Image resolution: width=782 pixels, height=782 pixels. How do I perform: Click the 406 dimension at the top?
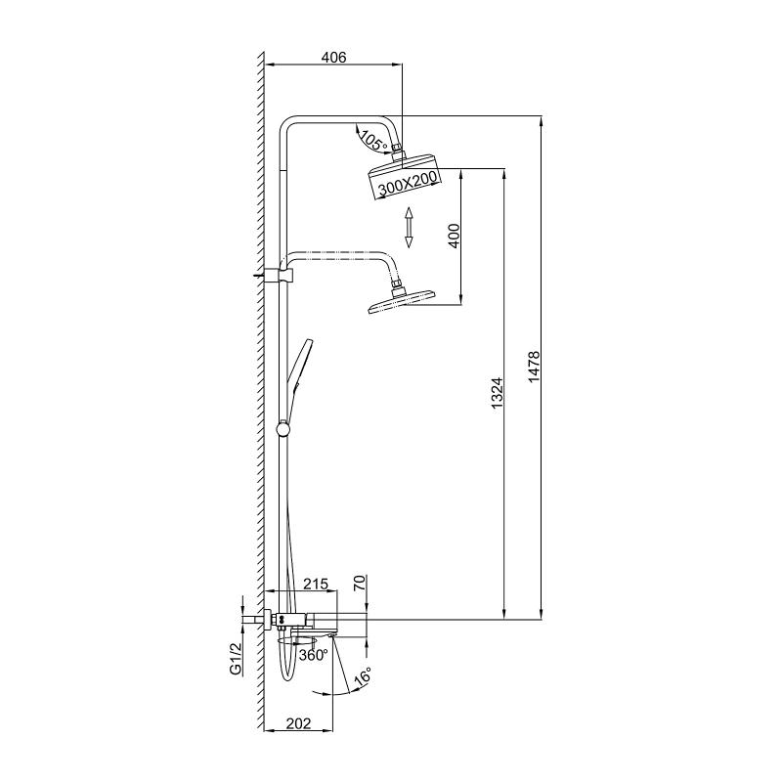coord(334,58)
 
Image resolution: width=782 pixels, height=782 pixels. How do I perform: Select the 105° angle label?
coord(371,140)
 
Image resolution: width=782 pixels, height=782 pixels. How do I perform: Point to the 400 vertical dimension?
coord(453,237)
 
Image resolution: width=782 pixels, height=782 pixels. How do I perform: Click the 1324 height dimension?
coord(496,393)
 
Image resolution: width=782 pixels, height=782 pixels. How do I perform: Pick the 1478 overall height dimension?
coord(534,368)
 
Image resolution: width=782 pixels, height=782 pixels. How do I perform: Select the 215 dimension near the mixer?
coord(315,584)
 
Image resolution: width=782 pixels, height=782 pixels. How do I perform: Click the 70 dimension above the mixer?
coord(359,586)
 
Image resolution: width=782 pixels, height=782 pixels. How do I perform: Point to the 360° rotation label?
coord(313,655)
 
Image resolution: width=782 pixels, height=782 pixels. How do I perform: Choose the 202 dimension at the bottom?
coord(298,723)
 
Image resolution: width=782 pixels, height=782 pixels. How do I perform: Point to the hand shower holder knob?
coord(284,427)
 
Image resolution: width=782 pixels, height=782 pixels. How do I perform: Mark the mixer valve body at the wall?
coord(293,619)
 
